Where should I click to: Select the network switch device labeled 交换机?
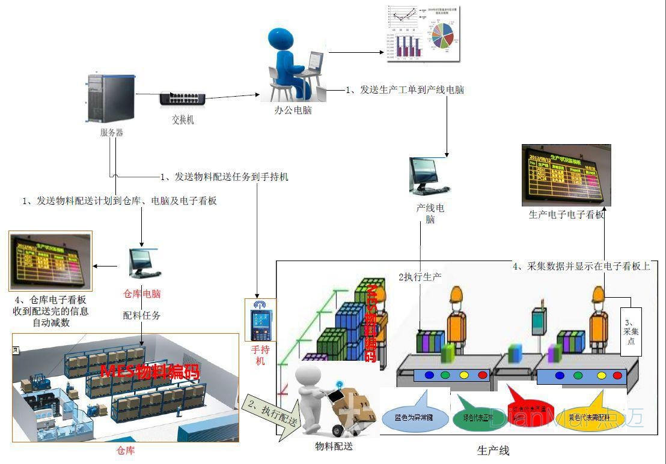pos(182,98)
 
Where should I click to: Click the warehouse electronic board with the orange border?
pos(50,261)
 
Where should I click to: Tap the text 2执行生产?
pos(420,277)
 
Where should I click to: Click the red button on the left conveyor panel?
pos(482,376)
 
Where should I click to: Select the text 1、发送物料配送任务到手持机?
pos(224,177)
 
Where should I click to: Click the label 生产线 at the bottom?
pos(493,450)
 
